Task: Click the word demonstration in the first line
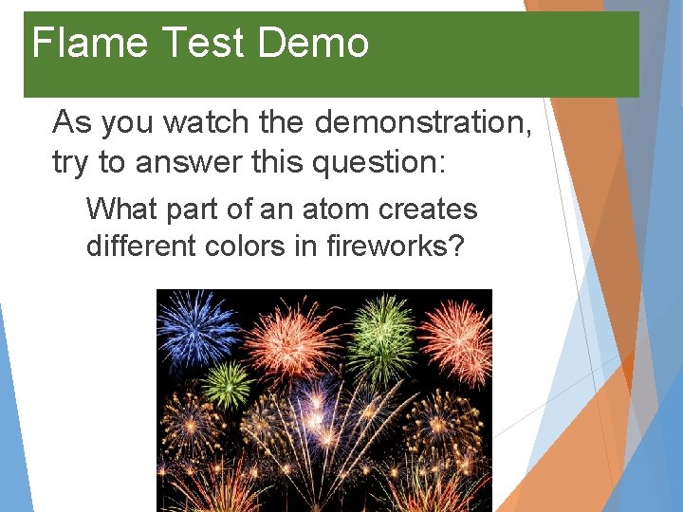(423, 122)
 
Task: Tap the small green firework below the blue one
(227, 384)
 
